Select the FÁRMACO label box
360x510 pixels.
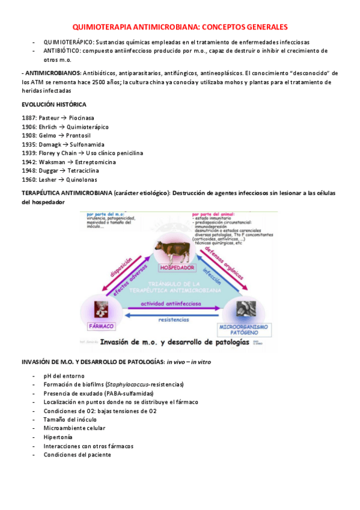pyautogui.click(x=101, y=325)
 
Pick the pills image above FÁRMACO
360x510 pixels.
pyautogui.click(x=101, y=309)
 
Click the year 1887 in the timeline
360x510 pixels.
pyautogui.click(x=29, y=118)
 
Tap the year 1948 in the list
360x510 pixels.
pyautogui.click(x=29, y=171)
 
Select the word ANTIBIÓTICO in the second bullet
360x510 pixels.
pyautogui.click(x=63, y=51)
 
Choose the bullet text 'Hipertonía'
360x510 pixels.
pyautogui.click(x=58, y=437)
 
